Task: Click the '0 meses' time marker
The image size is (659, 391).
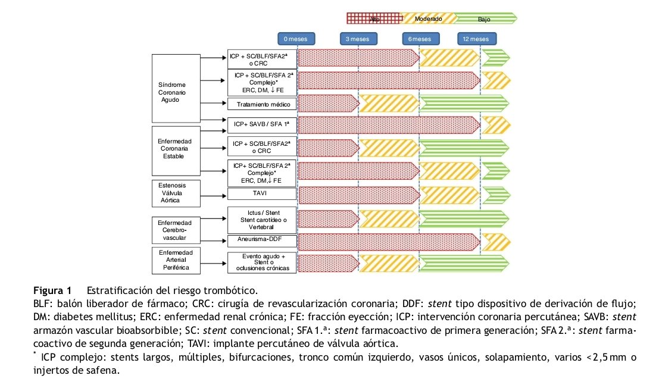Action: click(x=296, y=39)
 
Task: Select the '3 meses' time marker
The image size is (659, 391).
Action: click(x=358, y=39)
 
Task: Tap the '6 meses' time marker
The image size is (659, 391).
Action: click(x=420, y=39)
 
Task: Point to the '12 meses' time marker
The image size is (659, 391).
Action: click(x=477, y=39)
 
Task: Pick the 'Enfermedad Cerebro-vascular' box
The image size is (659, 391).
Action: click(x=177, y=230)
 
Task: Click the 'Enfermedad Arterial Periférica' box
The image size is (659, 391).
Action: click(x=177, y=260)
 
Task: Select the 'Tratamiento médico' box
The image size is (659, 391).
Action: click(x=262, y=104)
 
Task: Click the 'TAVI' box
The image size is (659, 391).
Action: click(x=262, y=194)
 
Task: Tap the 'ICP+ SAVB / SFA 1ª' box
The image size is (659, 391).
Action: click(x=262, y=124)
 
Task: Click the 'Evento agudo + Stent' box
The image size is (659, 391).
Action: click(x=262, y=262)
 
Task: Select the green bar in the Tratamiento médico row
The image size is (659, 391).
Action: click(x=465, y=104)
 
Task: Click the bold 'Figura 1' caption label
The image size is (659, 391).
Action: click(x=52, y=291)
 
